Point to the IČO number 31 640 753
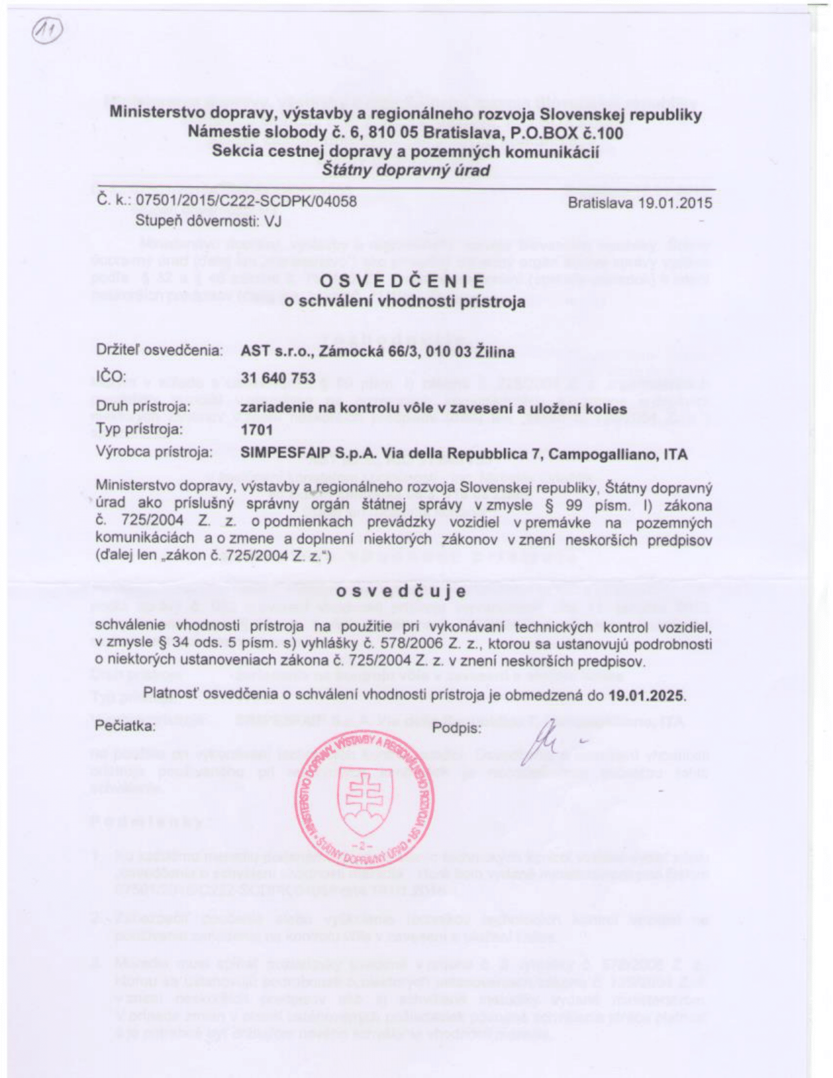278,378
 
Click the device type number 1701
256,430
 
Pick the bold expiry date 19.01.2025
647,696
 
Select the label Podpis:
457,729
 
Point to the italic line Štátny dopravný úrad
406,171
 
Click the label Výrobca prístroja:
153,453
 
